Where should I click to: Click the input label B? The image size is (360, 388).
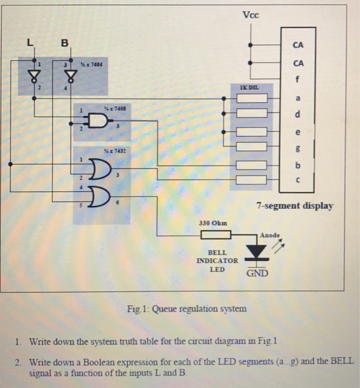tap(65, 42)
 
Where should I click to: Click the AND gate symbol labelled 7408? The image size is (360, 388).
tap(99, 121)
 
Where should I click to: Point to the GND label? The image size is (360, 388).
tap(257, 273)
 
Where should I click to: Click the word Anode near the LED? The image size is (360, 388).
tap(271, 234)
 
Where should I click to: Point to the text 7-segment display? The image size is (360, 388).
tap(294, 206)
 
